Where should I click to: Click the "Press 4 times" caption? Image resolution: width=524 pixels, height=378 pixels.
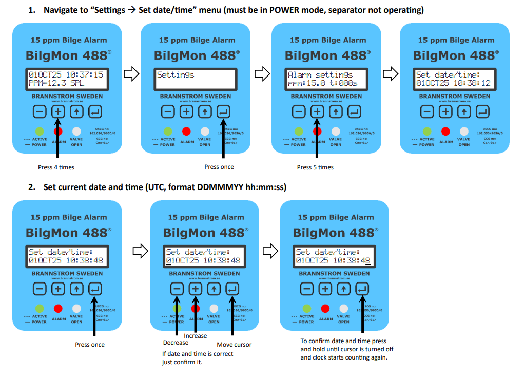coord(56,167)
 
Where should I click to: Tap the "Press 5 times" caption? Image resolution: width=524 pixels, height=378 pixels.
coord(315,167)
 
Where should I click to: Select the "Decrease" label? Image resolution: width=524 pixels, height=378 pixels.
coord(176,343)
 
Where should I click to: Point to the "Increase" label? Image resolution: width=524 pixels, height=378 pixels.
coord(196,336)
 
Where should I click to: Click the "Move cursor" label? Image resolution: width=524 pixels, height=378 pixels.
coord(234,345)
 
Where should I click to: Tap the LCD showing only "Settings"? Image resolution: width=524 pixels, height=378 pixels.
coord(195,79)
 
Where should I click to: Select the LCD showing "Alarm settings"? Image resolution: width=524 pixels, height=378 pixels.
coord(326,79)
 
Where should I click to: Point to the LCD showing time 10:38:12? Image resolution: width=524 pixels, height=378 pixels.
coord(454,79)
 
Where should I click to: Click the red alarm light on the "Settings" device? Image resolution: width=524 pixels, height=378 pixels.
coord(186,131)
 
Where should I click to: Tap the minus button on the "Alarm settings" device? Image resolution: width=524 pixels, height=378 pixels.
coord(298,111)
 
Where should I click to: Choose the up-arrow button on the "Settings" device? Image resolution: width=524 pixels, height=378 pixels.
coord(205,111)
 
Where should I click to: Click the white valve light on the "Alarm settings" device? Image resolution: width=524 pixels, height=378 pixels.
coord(336,131)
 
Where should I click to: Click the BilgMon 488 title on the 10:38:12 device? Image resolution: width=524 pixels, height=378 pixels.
coord(454,55)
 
